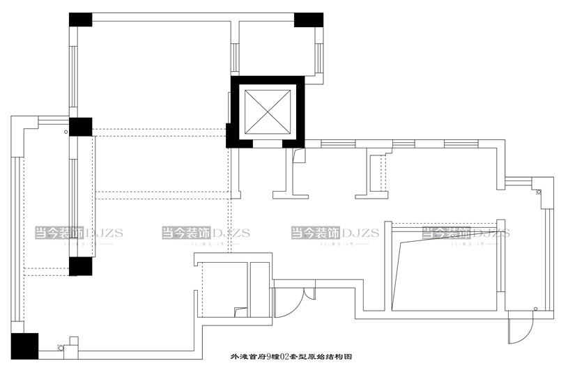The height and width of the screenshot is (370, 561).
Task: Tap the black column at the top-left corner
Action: pos(80,20)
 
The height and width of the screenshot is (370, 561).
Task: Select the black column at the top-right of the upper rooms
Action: pos(308,20)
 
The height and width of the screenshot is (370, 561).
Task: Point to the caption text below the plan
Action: pos(291,356)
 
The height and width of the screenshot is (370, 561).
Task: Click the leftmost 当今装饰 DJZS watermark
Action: pos(79,233)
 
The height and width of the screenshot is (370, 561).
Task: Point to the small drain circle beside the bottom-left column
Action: pos(61,346)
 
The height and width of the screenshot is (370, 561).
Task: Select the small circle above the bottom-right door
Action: pos(535,308)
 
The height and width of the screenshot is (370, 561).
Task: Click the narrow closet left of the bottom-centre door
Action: pos(259,288)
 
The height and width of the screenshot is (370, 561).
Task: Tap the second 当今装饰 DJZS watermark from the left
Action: pos(206,233)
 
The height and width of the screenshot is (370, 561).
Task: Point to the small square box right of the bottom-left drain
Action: pos(74,343)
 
